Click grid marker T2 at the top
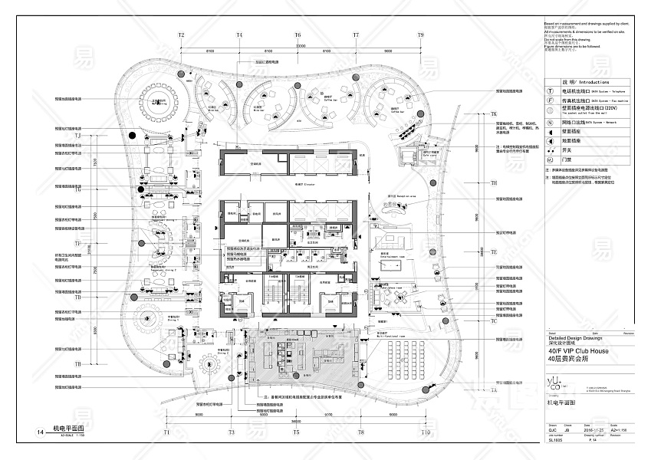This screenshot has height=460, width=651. tap(182, 35)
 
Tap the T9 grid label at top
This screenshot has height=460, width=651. tap(420, 35)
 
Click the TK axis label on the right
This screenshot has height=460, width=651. tap(495, 113)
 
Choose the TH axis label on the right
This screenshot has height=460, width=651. tap(495, 183)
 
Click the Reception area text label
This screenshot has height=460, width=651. tap(399, 196)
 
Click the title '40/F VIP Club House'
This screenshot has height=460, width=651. tap(578, 351)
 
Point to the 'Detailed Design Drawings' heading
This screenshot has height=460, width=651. tap(576, 337)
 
